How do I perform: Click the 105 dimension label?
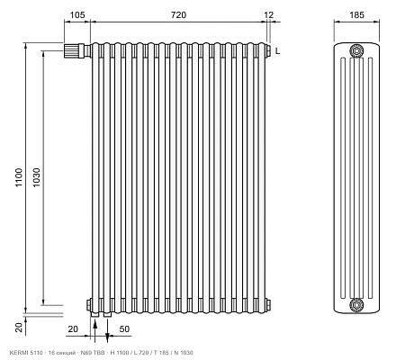click(77, 14)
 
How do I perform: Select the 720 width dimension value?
click(178, 14)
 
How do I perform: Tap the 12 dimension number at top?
click(269, 14)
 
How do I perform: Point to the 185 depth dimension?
click(356, 14)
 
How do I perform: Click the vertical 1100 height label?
click(19, 177)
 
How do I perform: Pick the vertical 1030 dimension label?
click(36, 177)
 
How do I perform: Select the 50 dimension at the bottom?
click(124, 329)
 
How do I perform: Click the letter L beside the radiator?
click(278, 51)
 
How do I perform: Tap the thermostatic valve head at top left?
click(72, 50)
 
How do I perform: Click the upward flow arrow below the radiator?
click(95, 331)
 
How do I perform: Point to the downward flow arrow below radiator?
click(107, 331)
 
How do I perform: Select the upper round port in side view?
click(356, 50)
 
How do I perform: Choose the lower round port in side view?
click(356, 305)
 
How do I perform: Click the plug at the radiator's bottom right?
click(268, 304)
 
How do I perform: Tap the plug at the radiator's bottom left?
click(89, 304)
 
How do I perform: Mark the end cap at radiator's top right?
click(268, 50)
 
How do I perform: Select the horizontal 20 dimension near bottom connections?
click(73, 329)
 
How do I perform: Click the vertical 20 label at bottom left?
click(19, 328)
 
